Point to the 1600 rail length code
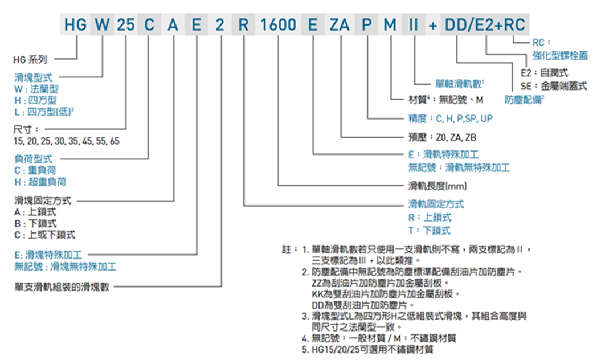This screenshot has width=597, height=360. (278, 24)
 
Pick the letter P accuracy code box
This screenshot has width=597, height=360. (367, 24)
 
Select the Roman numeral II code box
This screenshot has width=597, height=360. (414, 24)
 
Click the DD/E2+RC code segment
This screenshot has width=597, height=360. (485, 24)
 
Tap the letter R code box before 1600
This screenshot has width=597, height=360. (244, 24)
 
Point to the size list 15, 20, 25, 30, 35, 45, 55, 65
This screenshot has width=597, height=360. (66, 141)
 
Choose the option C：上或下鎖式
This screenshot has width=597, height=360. (45, 235)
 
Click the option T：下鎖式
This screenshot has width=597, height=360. (430, 231)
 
